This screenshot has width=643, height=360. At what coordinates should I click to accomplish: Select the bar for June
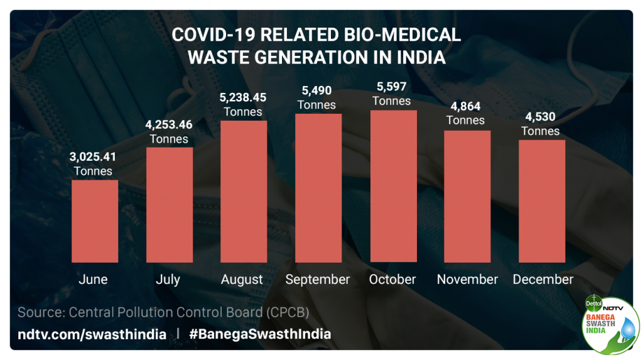94,221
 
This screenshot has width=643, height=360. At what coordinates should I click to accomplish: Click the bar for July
169,204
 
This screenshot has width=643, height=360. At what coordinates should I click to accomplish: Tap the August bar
244,191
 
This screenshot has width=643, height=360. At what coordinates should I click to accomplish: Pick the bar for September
318,187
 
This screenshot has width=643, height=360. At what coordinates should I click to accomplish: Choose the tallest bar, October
393,186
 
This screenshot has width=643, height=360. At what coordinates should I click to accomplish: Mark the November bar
467,196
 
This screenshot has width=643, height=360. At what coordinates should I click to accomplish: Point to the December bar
542,200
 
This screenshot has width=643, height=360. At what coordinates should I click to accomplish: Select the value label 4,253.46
169,124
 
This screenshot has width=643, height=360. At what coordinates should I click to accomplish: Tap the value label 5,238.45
243,97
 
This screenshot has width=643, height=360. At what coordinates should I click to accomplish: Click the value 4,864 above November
465,106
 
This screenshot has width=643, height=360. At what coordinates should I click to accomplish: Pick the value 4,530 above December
540,117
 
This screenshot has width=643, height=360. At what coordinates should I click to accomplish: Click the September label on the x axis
318,280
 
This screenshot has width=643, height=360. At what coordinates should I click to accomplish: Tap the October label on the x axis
392,280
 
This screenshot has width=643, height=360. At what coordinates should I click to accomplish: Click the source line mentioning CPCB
163,312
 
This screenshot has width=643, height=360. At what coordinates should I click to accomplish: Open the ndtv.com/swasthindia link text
92,334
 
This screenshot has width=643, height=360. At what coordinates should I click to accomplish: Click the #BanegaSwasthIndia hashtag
260,334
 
